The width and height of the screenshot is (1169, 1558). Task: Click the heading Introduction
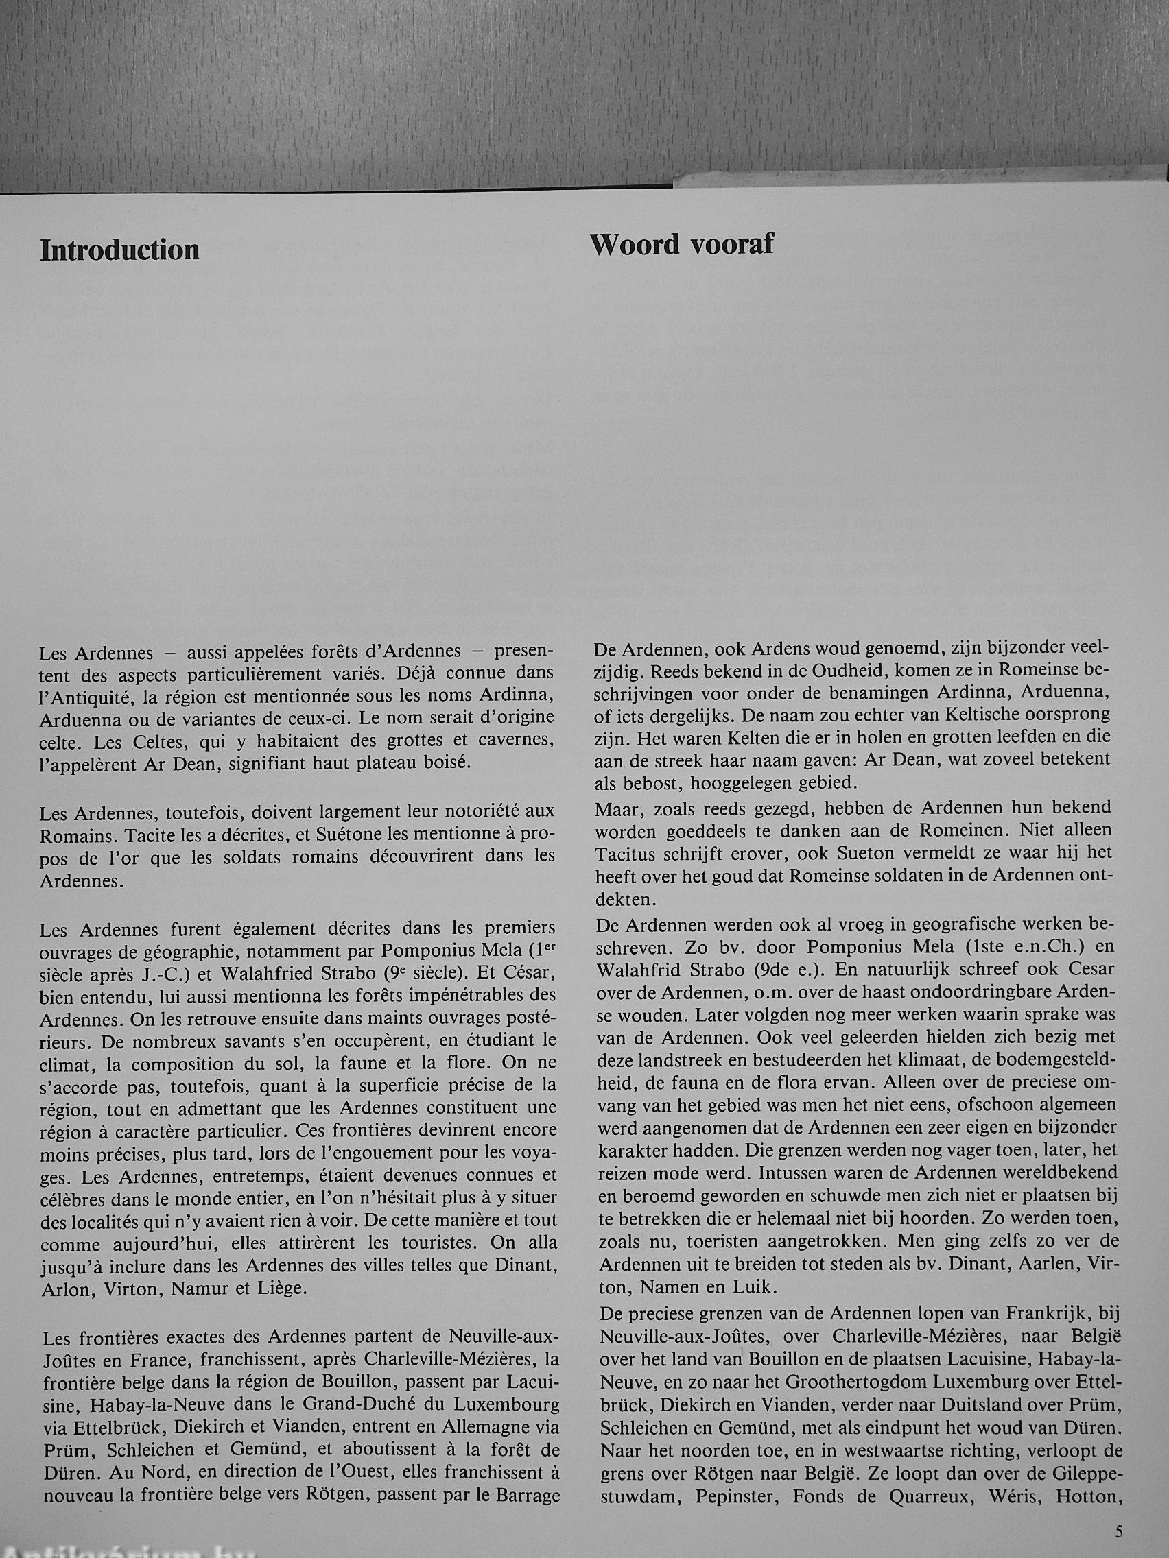pyautogui.click(x=120, y=251)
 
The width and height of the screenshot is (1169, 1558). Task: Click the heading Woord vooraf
pyautogui.click(x=681, y=244)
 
